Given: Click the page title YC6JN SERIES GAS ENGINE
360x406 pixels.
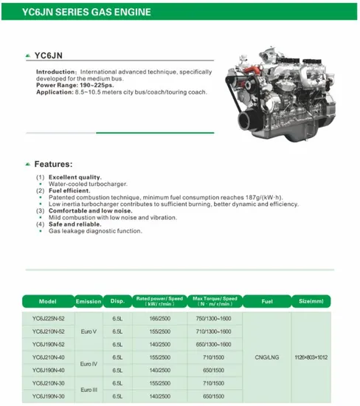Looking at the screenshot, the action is tap(87, 13).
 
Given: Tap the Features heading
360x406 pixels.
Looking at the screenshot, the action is tap(53, 163).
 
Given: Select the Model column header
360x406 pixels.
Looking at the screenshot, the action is tap(48, 302).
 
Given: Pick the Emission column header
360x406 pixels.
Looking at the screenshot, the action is tap(89, 302).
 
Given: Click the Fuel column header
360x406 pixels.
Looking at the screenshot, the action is tap(267, 302).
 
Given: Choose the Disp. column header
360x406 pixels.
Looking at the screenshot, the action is tap(118, 302).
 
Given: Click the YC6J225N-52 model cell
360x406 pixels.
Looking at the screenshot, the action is tap(49, 318).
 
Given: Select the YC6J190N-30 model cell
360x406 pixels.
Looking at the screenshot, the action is tap(49, 396).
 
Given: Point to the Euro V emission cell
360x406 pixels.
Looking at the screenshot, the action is tap(89, 331).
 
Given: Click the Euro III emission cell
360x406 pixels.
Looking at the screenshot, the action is tap(89, 389).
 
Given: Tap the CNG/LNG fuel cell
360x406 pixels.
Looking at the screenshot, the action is tap(267, 357).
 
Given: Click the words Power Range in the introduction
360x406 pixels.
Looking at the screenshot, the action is tap(58, 86).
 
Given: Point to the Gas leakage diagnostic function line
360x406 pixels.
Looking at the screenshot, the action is tap(95, 231).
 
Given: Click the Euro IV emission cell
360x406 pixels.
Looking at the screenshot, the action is tap(89, 363).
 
